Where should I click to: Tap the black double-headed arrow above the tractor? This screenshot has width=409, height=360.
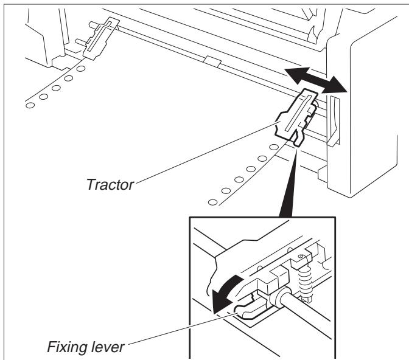315,81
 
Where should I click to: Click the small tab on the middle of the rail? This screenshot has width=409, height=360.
213,61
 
